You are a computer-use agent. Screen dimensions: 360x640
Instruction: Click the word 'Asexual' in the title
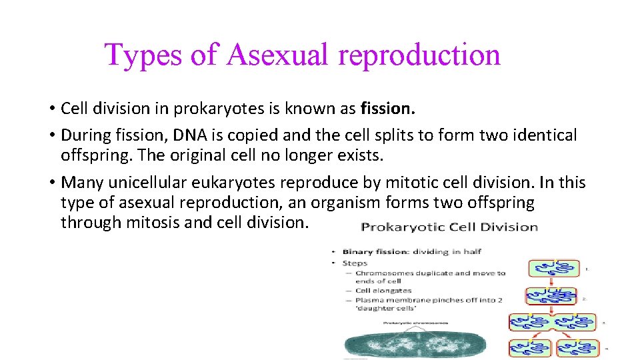point(277,55)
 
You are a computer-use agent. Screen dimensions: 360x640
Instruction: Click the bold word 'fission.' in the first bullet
point(385,107)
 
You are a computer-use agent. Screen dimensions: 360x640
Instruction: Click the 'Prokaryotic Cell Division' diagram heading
point(449,227)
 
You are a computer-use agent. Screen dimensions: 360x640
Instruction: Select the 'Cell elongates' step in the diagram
point(383,291)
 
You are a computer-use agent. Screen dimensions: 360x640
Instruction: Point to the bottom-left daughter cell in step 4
point(530,348)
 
